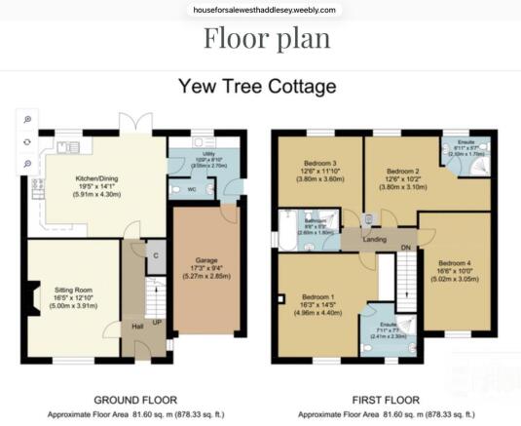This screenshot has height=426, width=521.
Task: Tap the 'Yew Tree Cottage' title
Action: coord(257,87)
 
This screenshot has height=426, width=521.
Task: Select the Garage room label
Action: coord(205,261)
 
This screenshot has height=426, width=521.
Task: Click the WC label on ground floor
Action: coord(191,189)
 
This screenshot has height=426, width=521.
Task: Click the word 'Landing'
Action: coord(374,239)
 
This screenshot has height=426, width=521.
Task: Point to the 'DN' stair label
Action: coord(405,248)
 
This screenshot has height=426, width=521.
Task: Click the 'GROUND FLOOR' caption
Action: coord(133,401)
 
